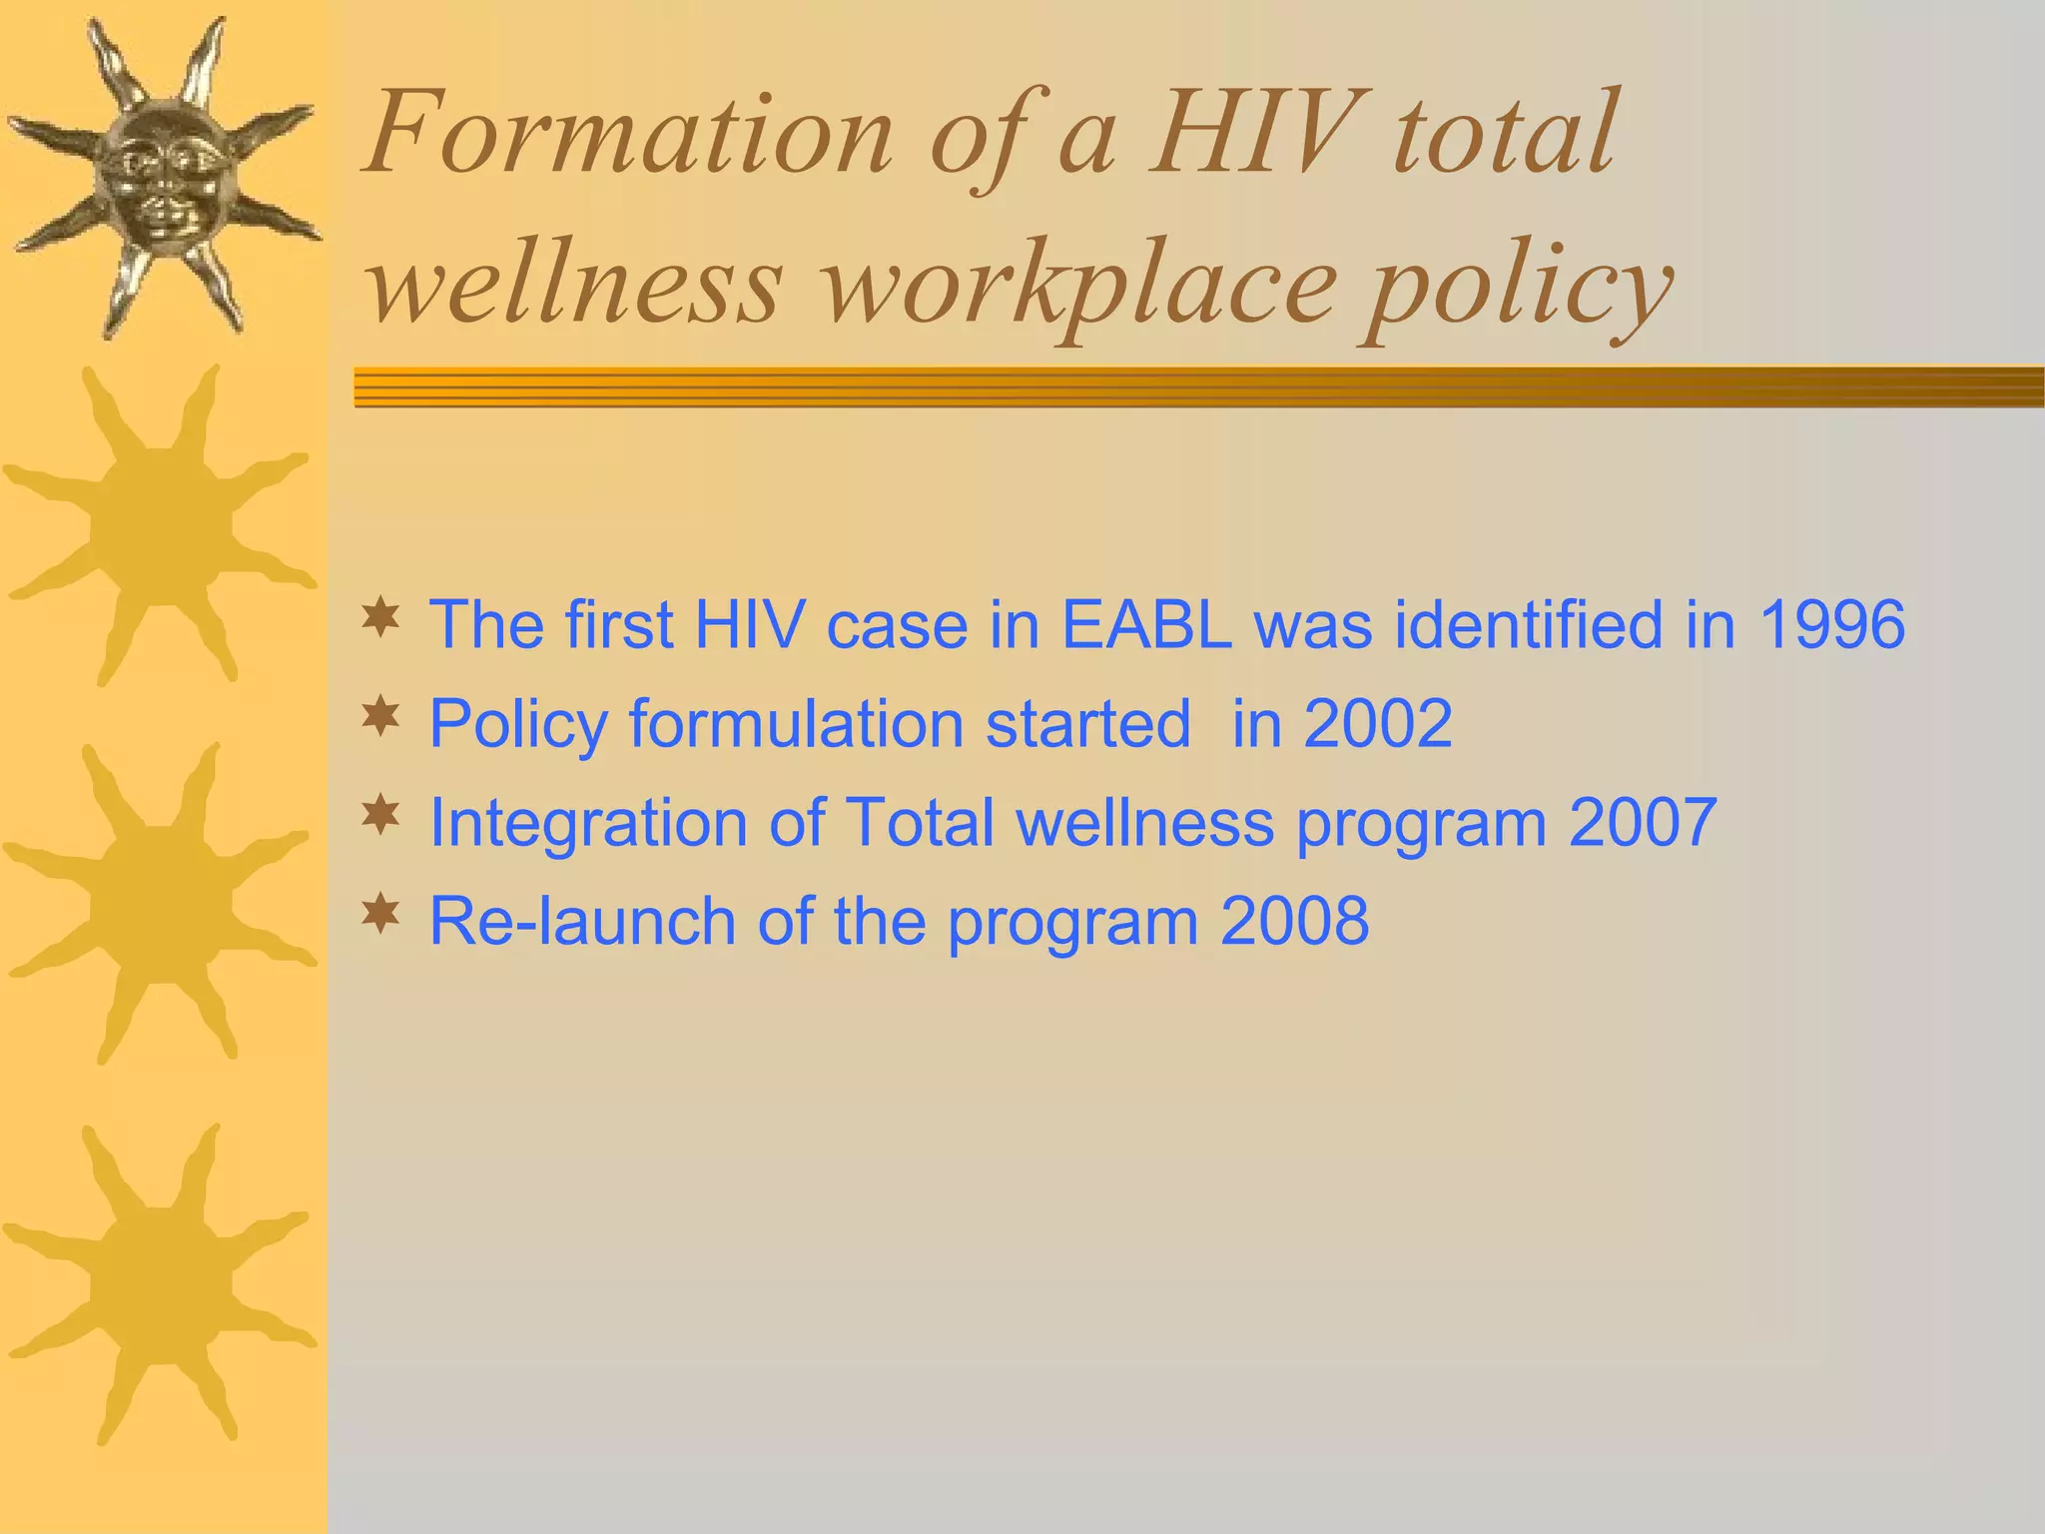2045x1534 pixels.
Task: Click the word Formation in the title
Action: point(629,135)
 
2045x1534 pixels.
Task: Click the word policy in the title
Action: point(1518,290)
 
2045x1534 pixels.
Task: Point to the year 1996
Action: point(1831,624)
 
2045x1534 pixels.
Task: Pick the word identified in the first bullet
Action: point(1528,624)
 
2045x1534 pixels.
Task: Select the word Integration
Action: point(588,822)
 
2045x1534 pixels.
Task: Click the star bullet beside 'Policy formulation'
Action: point(380,716)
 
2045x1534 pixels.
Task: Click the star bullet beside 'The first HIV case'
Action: point(380,617)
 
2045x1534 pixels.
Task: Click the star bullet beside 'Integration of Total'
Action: point(380,815)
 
